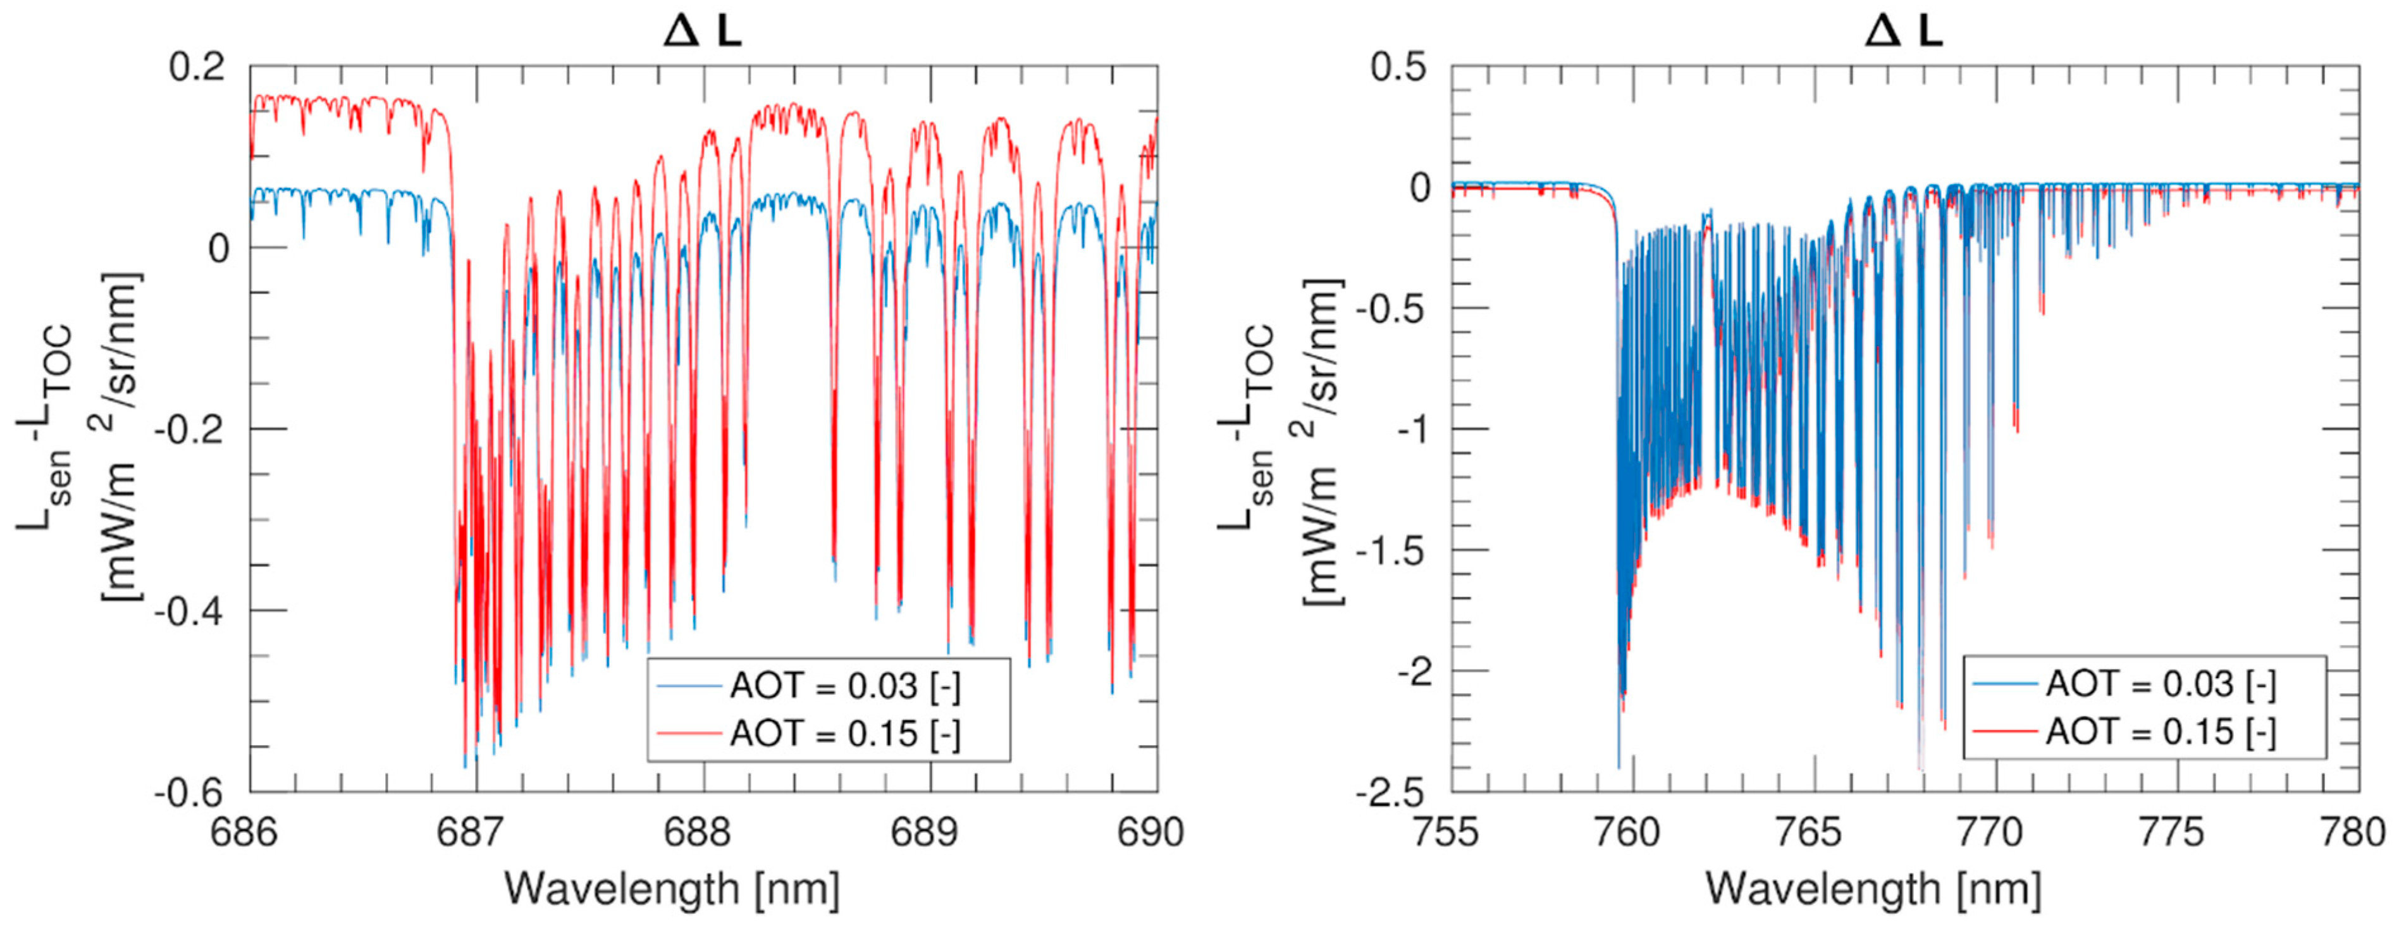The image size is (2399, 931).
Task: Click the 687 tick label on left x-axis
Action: pos(477,831)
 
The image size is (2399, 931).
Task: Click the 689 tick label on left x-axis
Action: pos(930,831)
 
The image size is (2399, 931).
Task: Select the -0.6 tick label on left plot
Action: pos(194,793)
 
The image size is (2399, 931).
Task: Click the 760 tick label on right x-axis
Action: pos(1632,831)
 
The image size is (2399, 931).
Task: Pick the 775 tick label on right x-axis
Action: pos(2178,831)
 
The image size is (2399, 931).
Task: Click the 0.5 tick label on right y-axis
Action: pos(1400,67)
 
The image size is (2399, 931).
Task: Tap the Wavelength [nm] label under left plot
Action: pos(672,889)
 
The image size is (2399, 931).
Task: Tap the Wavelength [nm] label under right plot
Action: pos(1873,889)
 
